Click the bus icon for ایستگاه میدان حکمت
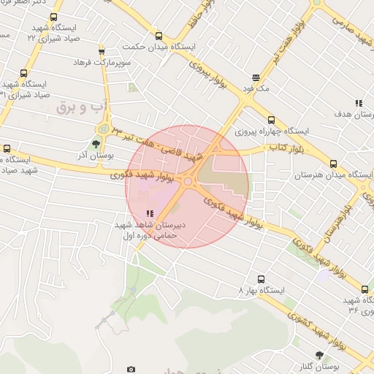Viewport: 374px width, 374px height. click(x=159, y=36)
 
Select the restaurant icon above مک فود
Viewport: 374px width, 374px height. click(x=256, y=77)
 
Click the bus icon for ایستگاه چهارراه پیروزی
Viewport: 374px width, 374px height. click(x=272, y=120)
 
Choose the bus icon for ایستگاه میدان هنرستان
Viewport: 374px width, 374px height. click(x=334, y=164)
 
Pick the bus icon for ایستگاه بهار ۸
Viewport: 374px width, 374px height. click(x=262, y=278)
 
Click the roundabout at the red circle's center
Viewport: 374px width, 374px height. click(x=188, y=182)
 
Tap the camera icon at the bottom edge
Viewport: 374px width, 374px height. click(x=131, y=370)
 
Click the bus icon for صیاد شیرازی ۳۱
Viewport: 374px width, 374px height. click(x=24, y=73)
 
